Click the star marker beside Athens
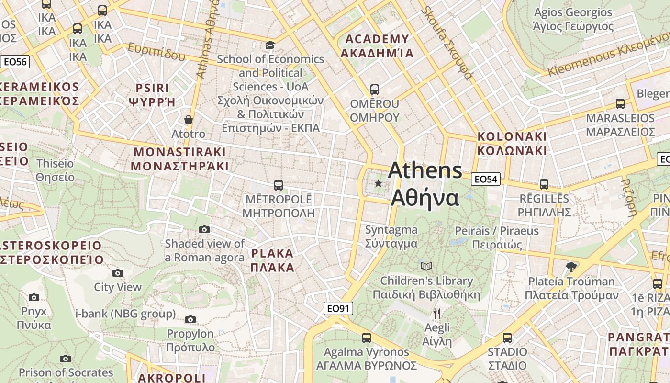[379, 183]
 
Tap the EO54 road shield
[486, 179]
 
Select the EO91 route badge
[338, 308]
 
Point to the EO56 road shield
[15, 61]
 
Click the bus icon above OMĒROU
[375, 90]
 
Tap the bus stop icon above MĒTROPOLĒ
[278, 185]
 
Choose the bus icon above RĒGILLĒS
[544, 184]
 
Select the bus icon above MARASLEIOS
[620, 104]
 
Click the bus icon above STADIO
[507, 338]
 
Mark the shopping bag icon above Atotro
[189, 120]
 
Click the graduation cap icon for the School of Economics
[270, 45]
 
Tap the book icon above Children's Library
[426, 266]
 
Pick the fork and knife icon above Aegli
[436, 314]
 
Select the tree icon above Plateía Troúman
[570, 267]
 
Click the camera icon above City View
[118, 273]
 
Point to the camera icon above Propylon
[190, 319]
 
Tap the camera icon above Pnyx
[34, 298]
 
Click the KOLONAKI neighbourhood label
[512, 143]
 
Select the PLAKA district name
[272, 260]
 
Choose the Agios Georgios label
[573, 19]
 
